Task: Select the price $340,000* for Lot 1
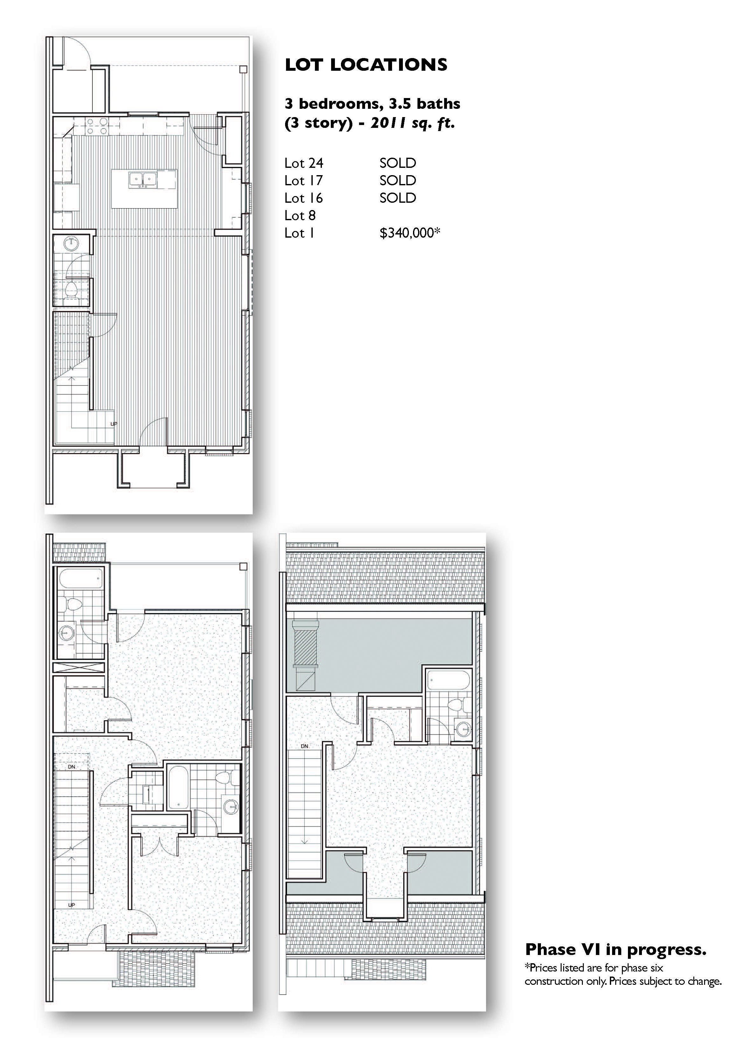point(410,233)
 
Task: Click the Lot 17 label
point(303,181)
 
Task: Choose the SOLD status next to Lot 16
point(398,198)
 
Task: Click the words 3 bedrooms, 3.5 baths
point(372,104)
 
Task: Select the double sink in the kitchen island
point(143,179)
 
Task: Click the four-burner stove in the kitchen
point(97,126)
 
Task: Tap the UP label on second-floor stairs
point(72,905)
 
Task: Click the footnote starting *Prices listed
point(623,974)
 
